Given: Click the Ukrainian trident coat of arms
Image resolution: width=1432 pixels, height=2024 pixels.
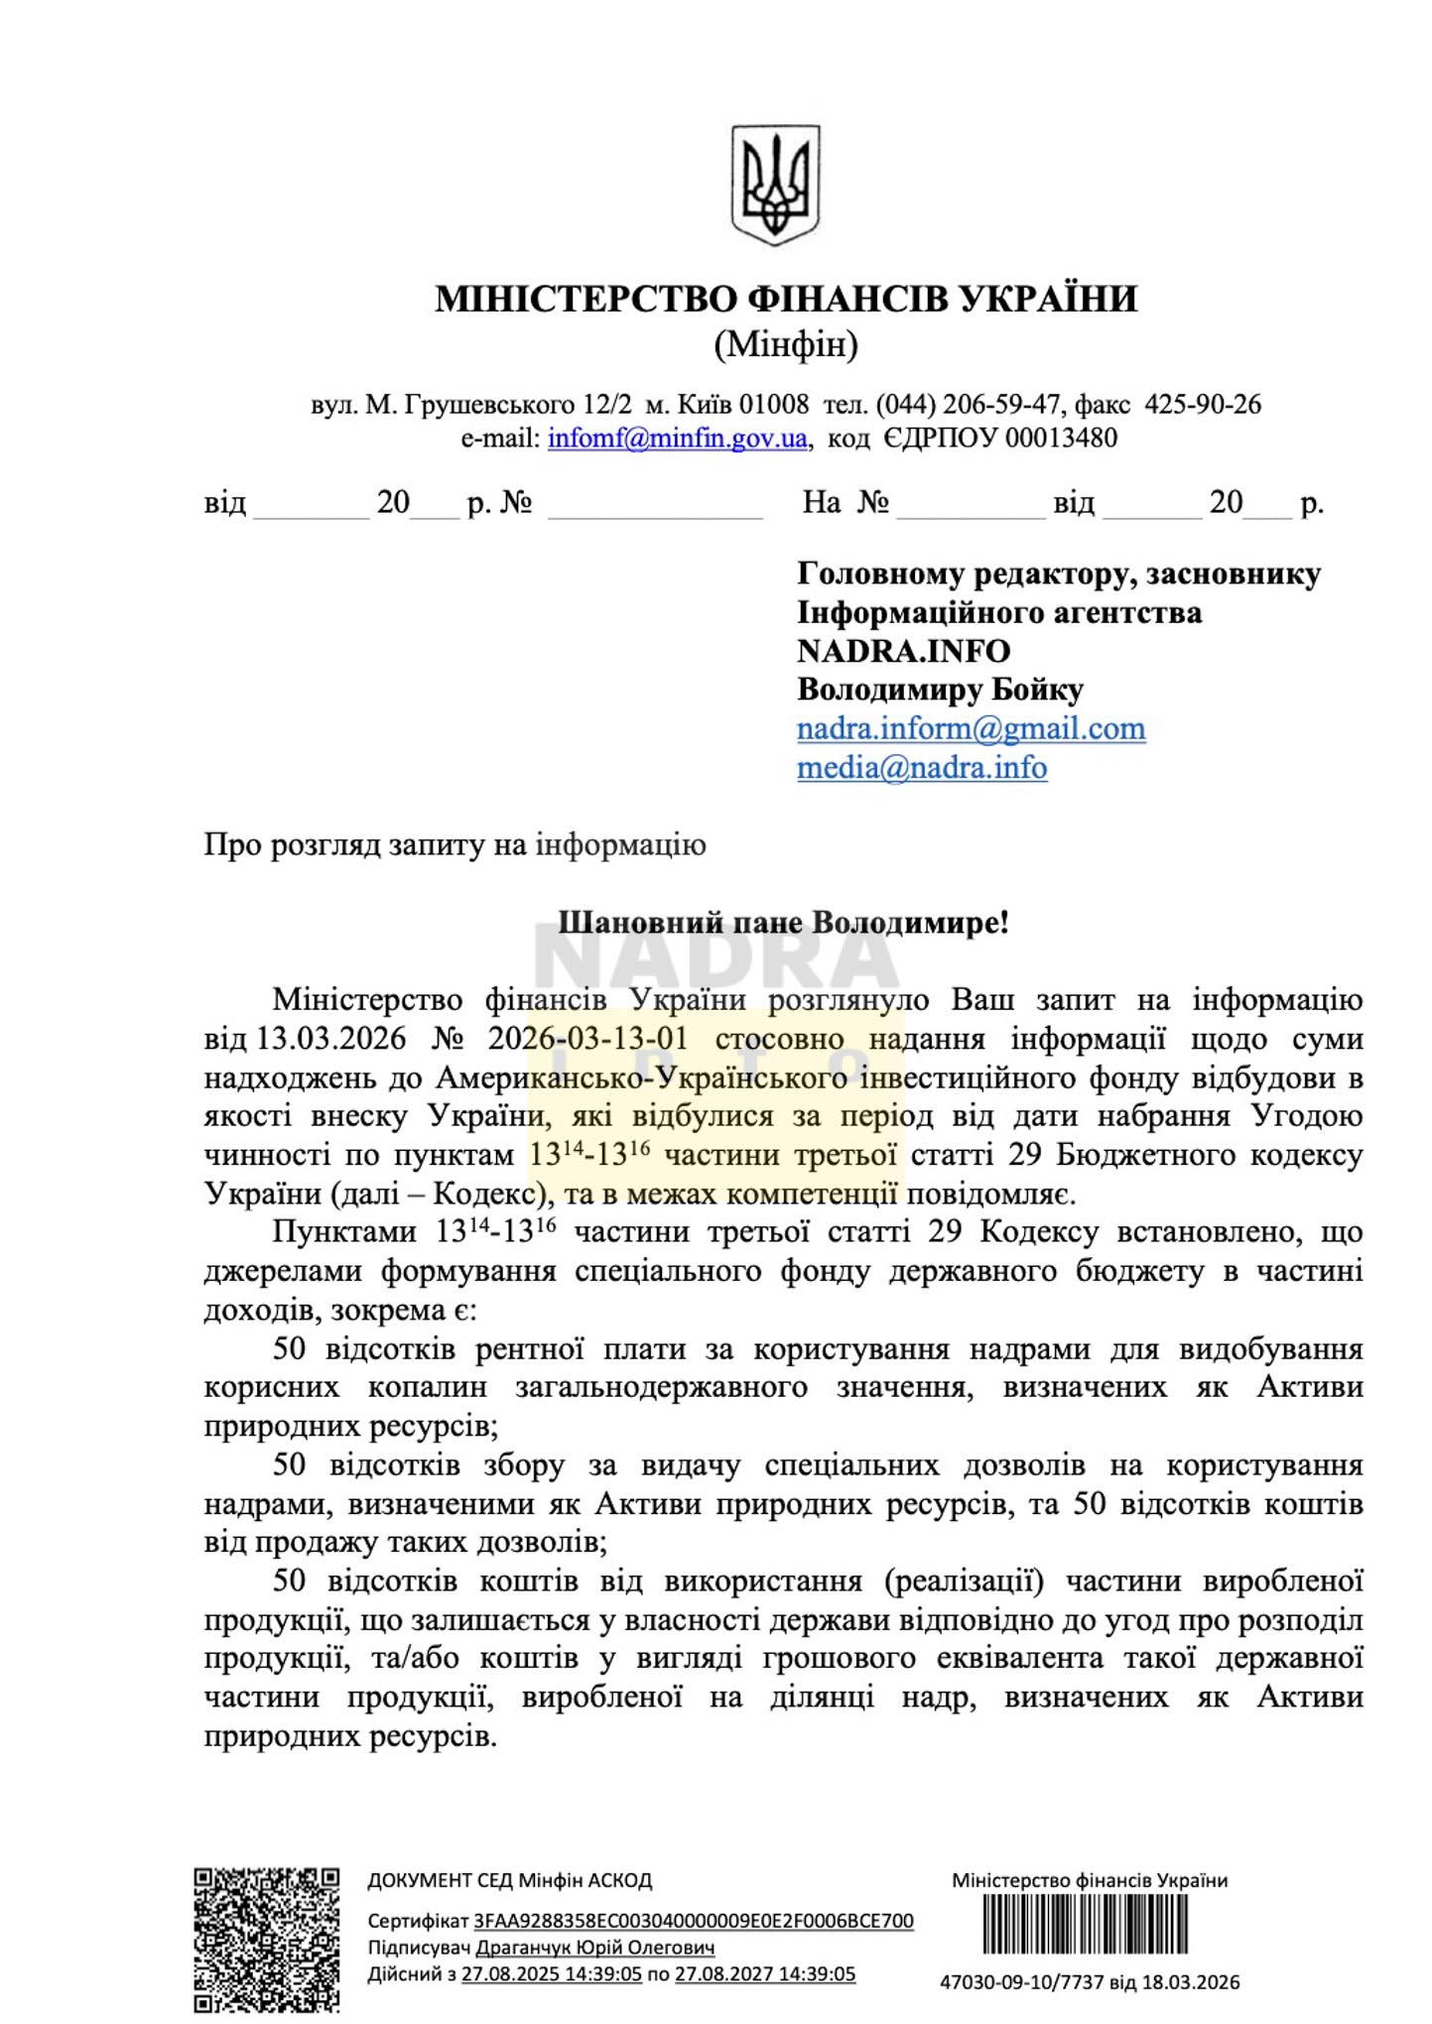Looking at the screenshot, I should [x=775, y=185].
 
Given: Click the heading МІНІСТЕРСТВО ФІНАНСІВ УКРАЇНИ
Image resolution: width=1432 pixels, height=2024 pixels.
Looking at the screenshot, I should [x=785, y=299].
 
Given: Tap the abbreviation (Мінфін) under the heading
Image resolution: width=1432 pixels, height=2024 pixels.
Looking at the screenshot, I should [x=785, y=344].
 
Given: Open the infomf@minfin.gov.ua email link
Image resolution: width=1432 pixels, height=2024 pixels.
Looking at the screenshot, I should [x=678, y=439].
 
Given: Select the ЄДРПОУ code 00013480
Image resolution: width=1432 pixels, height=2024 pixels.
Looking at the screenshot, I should [x=1061, y=439].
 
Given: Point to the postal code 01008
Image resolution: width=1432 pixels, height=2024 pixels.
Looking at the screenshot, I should [x=774, y=405].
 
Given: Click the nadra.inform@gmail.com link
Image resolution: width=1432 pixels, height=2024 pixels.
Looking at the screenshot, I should [x=971, y=728].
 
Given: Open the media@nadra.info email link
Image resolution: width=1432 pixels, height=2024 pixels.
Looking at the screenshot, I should [x=922, y=767].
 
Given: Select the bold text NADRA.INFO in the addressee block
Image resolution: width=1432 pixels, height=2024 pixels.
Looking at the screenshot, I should [x=903, y=651].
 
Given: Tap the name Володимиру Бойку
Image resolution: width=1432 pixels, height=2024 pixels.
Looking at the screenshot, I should [x=940, y=690].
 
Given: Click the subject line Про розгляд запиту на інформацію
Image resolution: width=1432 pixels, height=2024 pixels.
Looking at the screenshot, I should [x=455, y=844].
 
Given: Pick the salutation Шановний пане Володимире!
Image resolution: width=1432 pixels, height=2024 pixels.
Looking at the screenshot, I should [x=783, y=922].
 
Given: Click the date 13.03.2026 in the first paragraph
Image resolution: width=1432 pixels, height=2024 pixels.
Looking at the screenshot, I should [x=331, y=1039].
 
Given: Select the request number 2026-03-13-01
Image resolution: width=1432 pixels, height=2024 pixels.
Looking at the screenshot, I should [x=587, y=1039].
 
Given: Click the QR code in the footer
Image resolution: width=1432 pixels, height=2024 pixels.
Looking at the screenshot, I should [x=266, y=1940].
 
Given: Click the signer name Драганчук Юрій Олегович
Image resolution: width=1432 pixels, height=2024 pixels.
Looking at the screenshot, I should [x=595, y=1948].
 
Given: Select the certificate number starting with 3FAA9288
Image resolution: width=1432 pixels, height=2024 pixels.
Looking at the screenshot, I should [x=693, y=1921].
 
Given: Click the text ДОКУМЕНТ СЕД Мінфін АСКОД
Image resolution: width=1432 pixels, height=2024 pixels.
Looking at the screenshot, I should [x=509, y=1880].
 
